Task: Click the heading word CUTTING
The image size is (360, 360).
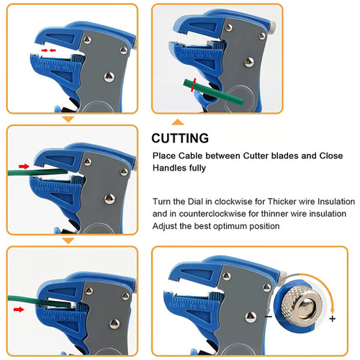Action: [x=180, y=138]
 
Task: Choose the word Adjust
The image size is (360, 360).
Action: [x=166, y=226]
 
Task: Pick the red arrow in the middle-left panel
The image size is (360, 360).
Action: [x=24, y=166]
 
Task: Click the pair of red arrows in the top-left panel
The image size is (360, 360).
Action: [x=48, y=52]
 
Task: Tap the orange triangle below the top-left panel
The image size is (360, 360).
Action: [x=69, y=119]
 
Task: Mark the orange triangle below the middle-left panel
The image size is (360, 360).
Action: [x=69, y=240]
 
